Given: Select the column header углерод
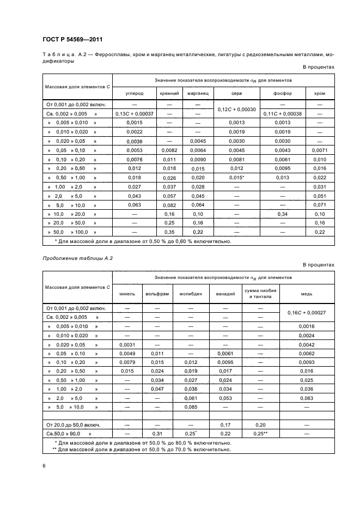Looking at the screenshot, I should [134, 94].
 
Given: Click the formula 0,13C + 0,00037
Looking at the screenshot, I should [134, 113].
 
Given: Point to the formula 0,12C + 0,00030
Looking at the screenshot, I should [236, 109].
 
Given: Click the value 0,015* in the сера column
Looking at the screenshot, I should [236, 178].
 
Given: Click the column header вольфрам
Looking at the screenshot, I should [156, 294].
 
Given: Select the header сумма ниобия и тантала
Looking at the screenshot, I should [260, 294].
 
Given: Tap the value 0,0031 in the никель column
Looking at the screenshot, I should [126, 344].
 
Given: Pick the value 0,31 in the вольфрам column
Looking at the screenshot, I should [156, 434].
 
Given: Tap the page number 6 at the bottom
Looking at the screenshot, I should [44, 465].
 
